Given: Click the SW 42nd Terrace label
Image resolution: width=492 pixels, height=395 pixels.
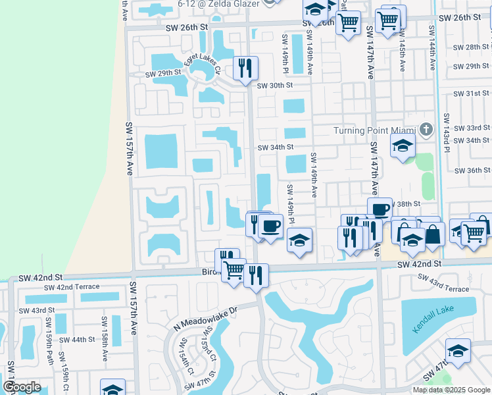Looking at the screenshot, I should coord(72,287).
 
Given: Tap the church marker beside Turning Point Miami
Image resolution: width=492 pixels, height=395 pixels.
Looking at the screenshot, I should coord(426,130).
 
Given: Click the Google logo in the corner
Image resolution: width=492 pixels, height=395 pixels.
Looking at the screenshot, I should coord(21,387).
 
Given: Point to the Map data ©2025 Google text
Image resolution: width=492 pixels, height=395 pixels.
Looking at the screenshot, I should coord(451,390).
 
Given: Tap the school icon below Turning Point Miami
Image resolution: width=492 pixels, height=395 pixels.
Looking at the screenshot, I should coord(403,147).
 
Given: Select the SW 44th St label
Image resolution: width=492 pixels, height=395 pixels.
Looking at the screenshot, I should coord(78,340).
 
